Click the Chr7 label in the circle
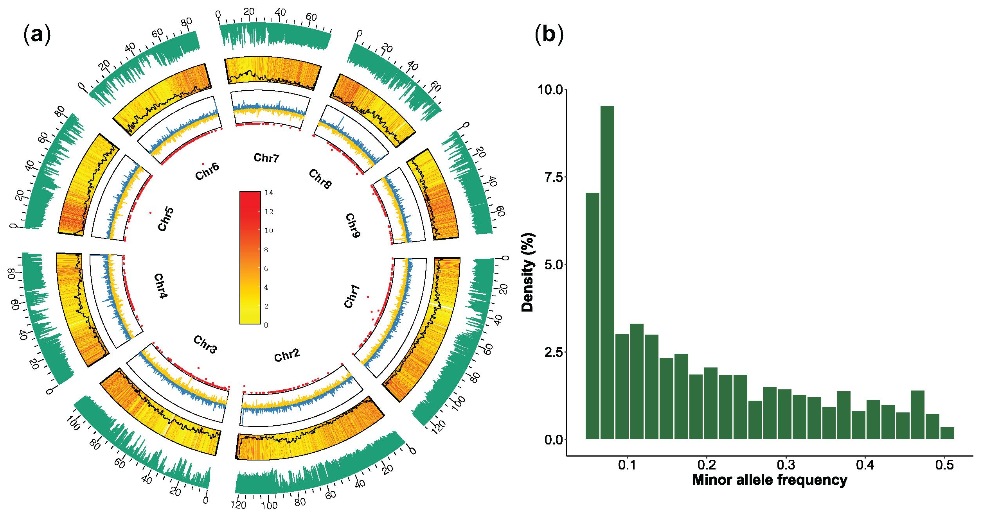click(x=266, y=158)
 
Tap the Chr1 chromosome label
click(x=352, y=296)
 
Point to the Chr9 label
click(x=353, y=226)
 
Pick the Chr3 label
click(x=205, y=344)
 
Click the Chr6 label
click(x=207, y=172)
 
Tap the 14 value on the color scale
click(x=269, y=193)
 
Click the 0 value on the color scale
click(x=266, y=325)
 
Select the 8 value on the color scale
click(x=266, y=249)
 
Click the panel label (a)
click(x=37, y=34)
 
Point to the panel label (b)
click(x=549, y=34)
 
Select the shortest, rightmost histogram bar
click(x=947, y=433)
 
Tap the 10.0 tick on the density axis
click(x=550, y=90)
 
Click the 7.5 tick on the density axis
click(x=553, y=177)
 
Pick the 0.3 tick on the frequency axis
click(x=786, y=465)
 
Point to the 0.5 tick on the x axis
click(x=944, y=465)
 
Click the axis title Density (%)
click(x=528, y=272)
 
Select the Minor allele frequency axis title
click(x=770, y=480)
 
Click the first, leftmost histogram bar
click(x=592, y=316)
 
